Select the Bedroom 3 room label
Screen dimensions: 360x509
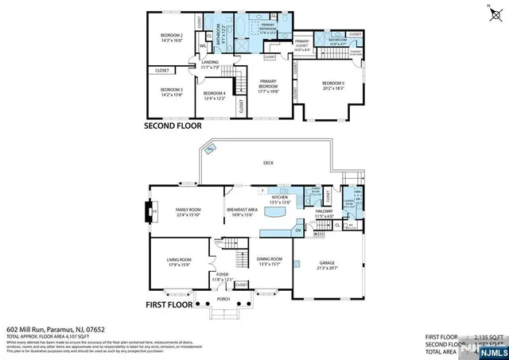point(171,92)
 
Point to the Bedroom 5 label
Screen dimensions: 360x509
point(333,86)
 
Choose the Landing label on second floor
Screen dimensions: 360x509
point(210,64)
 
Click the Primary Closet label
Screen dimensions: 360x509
point(302,45)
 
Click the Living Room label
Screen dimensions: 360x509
point(179,261)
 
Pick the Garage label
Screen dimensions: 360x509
point(328,265)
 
